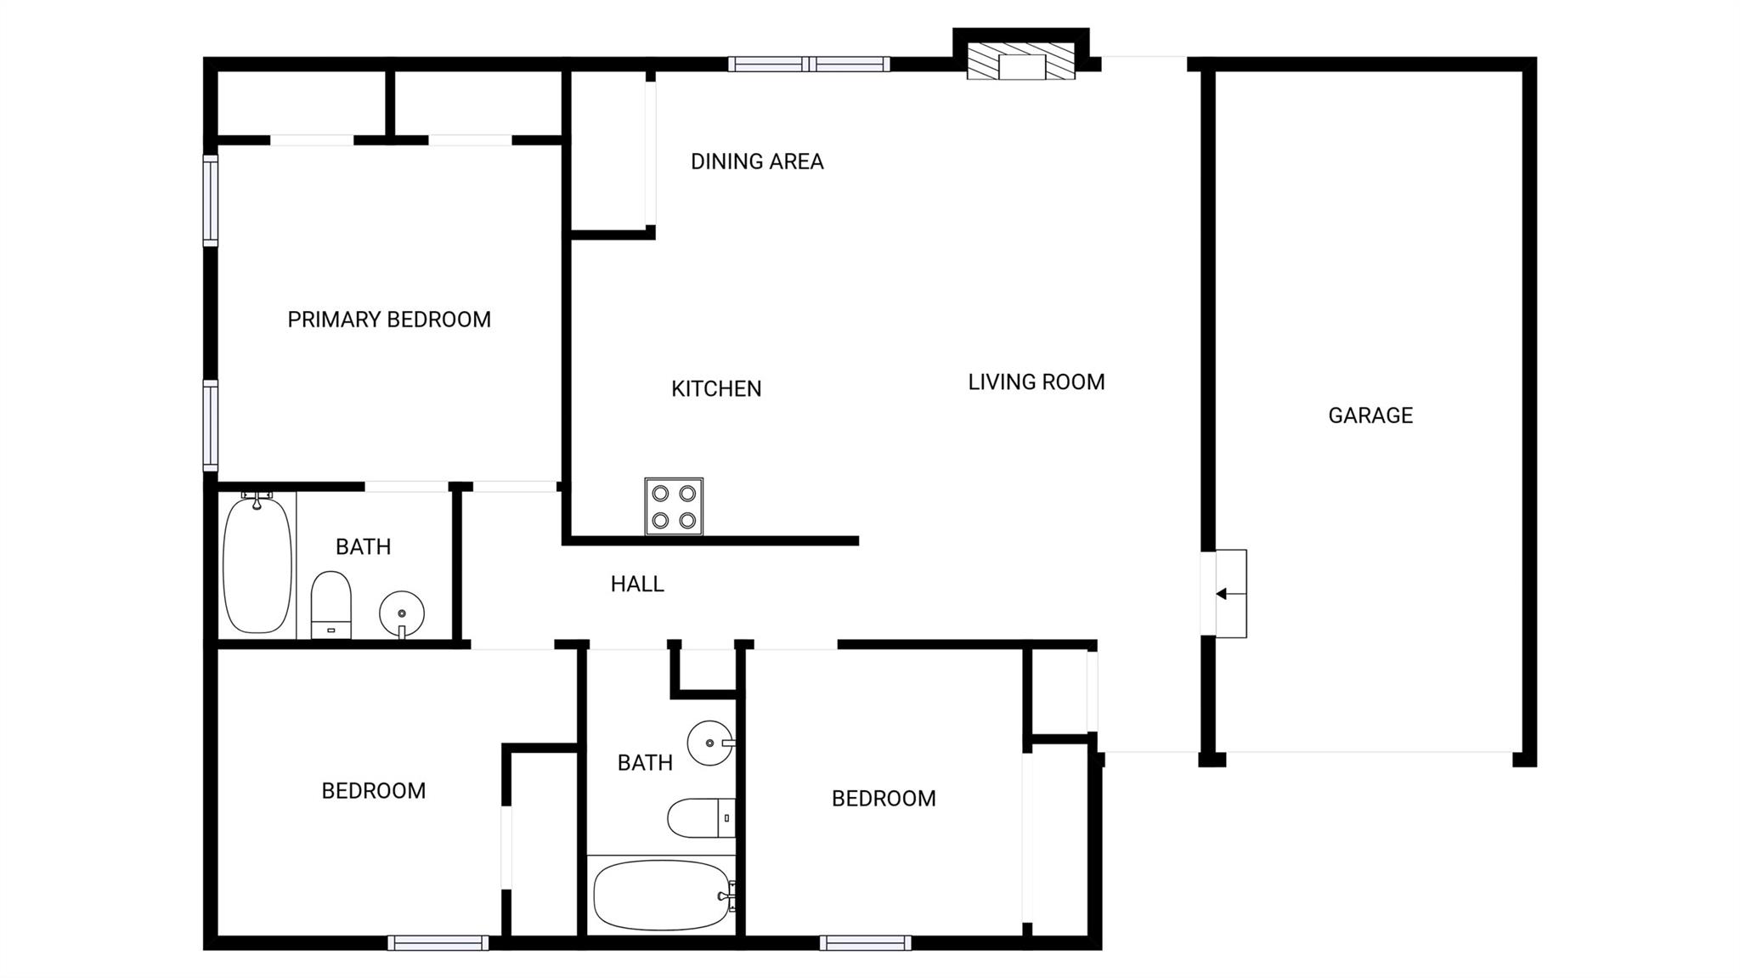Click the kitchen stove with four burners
point(674,506)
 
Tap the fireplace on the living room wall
point(1021,61)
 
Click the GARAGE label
point(1370,415)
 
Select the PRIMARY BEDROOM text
point(389,319)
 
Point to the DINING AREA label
point(757,161)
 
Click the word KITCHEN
point(716,388)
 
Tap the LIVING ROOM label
point(1037,382)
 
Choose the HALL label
point(637,584)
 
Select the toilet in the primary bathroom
point(331,604)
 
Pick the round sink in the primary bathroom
point(402,613)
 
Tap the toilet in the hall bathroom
point(702,817)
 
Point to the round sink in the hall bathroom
point(710,743)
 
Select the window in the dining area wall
point(809,64)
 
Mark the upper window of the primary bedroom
point(210,201)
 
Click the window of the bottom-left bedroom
point(438,942)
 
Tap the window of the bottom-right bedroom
point(866,942)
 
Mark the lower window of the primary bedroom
point(210,426)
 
